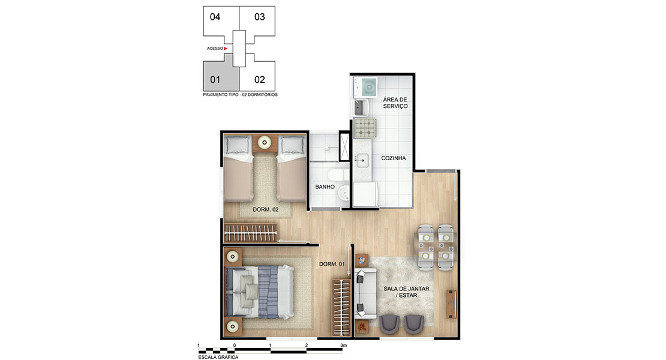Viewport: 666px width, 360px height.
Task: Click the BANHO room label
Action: pos(325,187)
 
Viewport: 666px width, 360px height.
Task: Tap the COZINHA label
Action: pos(394,158)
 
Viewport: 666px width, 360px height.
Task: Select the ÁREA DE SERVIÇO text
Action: pos(395,103)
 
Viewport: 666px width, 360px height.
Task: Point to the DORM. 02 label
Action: pos(265,209)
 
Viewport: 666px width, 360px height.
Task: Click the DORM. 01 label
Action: pos(332,264)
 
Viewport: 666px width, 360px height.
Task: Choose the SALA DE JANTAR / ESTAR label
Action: pos(406,292)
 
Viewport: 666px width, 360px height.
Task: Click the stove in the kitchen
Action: pos(365,128)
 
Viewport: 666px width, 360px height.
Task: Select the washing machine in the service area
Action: pos(365,87)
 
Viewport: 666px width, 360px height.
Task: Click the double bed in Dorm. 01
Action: pos(260,292)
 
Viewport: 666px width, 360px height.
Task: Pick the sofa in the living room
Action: pos(365,294)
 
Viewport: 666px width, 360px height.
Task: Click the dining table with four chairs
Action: pos(436,247)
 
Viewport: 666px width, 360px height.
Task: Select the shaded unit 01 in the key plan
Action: pos(219,74)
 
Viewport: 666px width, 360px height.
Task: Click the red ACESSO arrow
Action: pos(226,49)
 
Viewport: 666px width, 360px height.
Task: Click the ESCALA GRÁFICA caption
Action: pos(218,357)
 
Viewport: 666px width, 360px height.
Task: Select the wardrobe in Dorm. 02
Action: pos(251,233)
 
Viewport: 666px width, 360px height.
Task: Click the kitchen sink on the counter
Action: pos(362,160)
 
